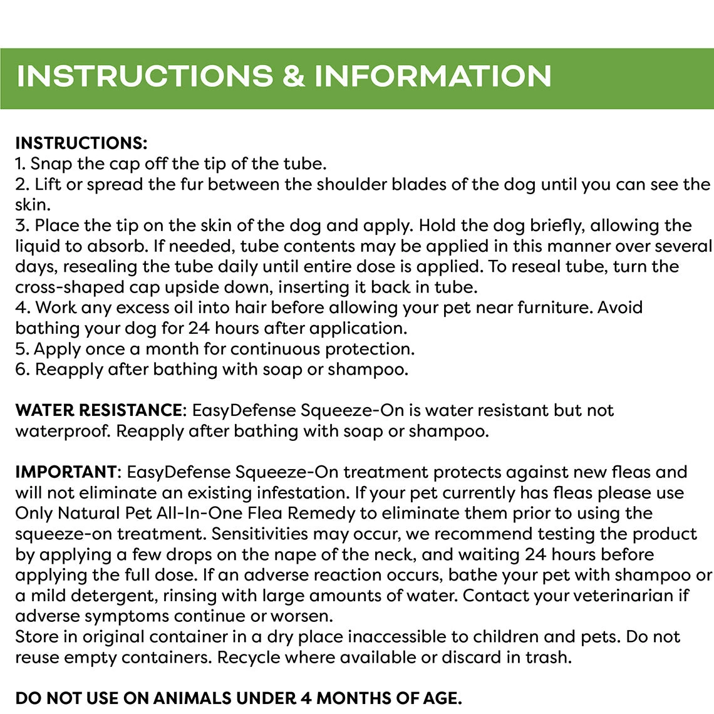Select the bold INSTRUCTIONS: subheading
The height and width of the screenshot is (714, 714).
click(x=81, y=143)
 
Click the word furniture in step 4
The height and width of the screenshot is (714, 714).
click(x=555, y=308)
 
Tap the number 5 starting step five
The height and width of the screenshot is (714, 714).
click(x=20, y=349)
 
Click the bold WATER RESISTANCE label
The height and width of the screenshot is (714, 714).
click(x=98, y=411)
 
